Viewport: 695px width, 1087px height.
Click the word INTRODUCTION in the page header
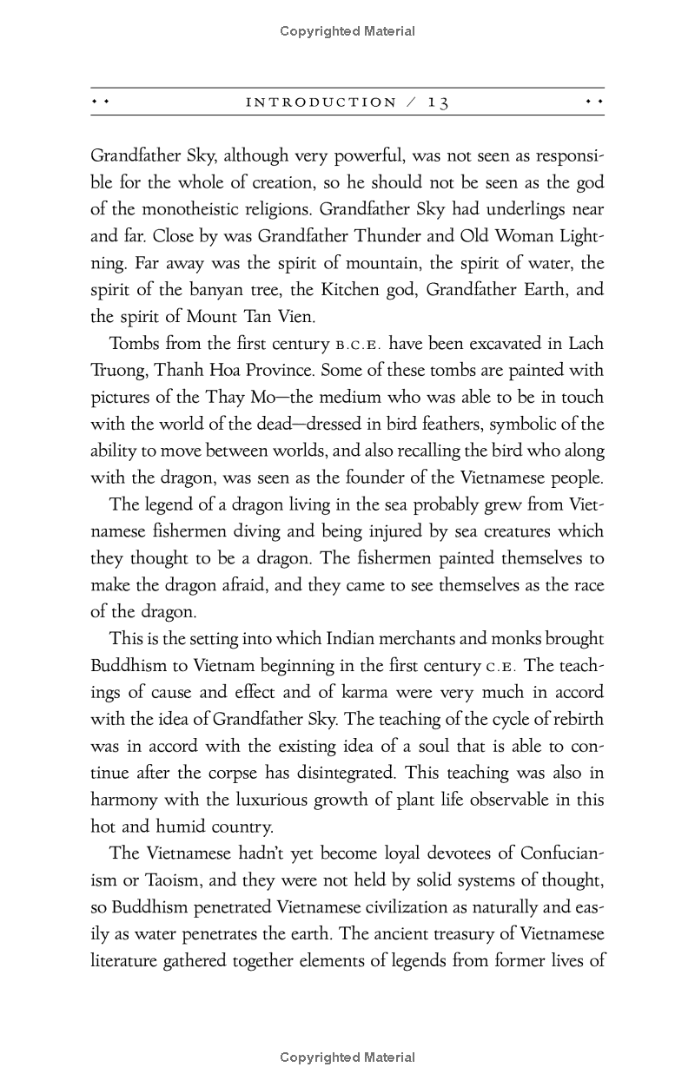pyautogui.click(x=321, y=102)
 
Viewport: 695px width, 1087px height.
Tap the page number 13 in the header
pyautogui.click(x=438, y=102)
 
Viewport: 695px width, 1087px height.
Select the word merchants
pyautogui.click(x=414, y=640)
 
